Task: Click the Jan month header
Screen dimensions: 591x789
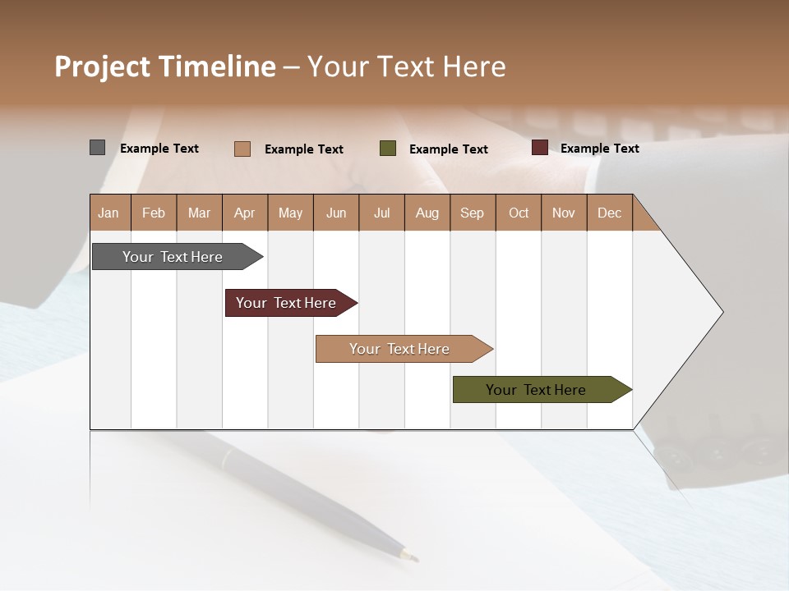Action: click(x=108, y=213)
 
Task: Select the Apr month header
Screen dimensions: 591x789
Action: click(x=245, y=213)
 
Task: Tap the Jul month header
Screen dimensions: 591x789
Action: click(x=381, y=213)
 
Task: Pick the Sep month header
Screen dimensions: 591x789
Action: click(x=472, y=213)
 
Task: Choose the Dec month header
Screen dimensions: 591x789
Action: click(x=609, y=213)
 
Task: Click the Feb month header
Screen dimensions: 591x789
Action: click(x=154, y=213)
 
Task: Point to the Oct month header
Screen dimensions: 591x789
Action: click(x=519, y=213)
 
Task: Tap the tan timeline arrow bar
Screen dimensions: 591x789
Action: click(x=400, y=349)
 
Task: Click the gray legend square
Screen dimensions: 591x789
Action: click(x=97, y=148)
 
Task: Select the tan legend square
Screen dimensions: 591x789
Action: click(x=242, y=149)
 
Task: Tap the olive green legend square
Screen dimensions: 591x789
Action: click(x=388, y=149)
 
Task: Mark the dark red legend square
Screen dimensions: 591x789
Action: click(x=540, y=148)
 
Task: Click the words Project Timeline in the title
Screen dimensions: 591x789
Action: click(x=165, y=66)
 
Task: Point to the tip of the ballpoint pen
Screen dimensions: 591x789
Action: click(x=415, y=560)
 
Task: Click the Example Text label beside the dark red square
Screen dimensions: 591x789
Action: click(x=599, y=149)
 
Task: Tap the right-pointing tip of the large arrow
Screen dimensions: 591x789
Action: click(x=722, y=312)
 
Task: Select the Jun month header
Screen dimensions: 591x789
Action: click(x=336, y=213)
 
